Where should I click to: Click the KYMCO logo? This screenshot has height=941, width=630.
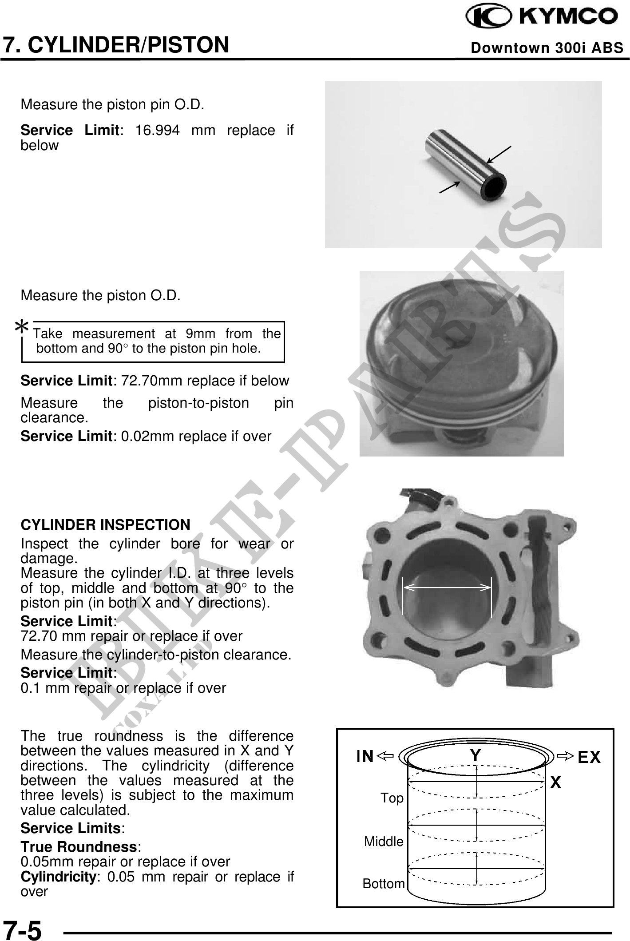click(541, 17)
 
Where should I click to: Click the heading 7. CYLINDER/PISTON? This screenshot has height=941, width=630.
click(116, 44)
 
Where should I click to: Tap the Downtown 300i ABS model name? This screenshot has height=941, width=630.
click(547, 48)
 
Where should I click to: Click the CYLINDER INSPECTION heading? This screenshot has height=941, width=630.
click(106, 524)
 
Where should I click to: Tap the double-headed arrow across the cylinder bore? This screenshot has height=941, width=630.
click(447, 587)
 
